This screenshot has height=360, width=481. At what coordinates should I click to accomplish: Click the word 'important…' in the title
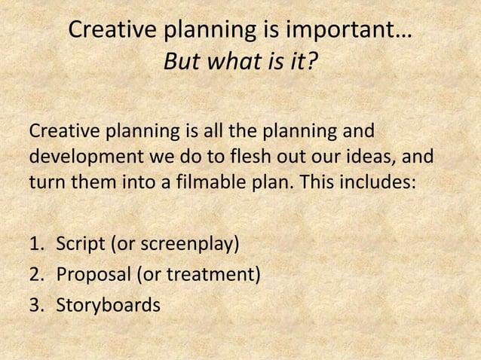coord(350,32)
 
